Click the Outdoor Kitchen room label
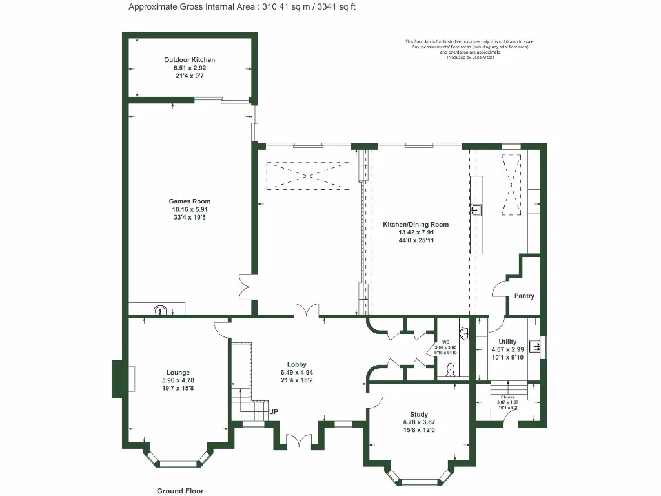tap(189, 60)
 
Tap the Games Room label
tap(189, 201)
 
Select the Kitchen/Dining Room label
tap(416, 225)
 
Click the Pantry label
tap(524, 296)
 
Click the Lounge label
tap(178, 373)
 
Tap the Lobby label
tap(297, 365)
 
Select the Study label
tap(418, 415)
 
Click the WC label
tap(445, 342)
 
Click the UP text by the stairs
tap(274, 411)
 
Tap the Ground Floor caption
tap(180, 491)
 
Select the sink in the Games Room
tap(160, 311)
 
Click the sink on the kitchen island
tap(476, 209)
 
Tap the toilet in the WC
tap(451, 369)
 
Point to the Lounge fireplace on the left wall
tap(119, 379)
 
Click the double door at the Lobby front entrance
tap(298, 440)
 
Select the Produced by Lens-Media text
tap(469, 57)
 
